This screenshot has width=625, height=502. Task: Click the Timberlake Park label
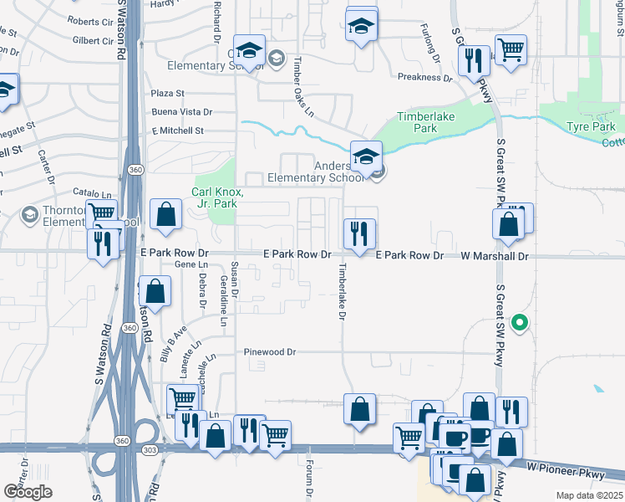pyautogui.click(x=426, y=123)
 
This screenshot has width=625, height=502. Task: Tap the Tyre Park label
pyautogui.click(x=591, y=126)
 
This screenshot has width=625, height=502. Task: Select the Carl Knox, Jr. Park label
pyautogui.click(x=217, y=197)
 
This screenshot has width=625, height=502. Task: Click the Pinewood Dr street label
pyautogui.click(x=270, y=352)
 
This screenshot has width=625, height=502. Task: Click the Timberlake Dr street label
pyautogui.click(x=341, y=291)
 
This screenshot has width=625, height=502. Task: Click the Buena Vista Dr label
pyautogui.click(x=182, y=111)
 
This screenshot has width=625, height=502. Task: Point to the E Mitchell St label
pyautogui.click(x=177, y=131)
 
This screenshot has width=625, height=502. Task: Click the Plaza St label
pyautogui.click(x=167, y=93)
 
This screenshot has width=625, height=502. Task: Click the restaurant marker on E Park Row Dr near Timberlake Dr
pyautogui.click(x=360, y=233)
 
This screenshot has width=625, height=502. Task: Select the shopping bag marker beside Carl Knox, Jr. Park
pyautogui.click(x=166, y=214)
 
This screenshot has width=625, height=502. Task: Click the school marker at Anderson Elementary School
pyautogui.click(x=365, y=156)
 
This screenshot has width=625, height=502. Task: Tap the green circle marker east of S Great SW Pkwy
pyautogui.click(x=520, y=320)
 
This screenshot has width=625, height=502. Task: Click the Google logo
pyautogui.click(x=28, y=491)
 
